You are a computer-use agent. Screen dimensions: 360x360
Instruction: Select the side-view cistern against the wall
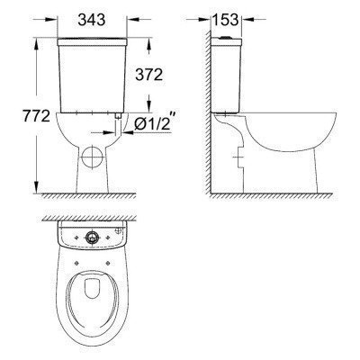pos(226,76)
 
